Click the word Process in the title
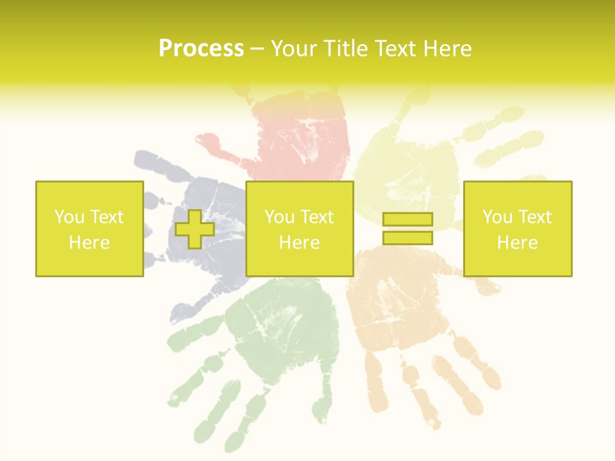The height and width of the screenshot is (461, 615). point(201,49)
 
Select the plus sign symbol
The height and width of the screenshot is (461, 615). point(195,229)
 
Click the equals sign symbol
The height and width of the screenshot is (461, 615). point(407,229)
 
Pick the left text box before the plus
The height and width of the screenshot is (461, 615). point(89,229)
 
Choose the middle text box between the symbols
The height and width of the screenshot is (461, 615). point(299,229)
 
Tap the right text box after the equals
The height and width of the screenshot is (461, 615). point(517,229)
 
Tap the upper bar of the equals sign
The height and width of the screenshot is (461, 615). point(407,220)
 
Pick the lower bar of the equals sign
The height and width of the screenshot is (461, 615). point(407,238)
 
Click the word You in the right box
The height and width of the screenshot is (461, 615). point(497,217)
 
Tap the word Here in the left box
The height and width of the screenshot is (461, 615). point(89,243)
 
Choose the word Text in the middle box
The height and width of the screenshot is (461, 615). point(317,217)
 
